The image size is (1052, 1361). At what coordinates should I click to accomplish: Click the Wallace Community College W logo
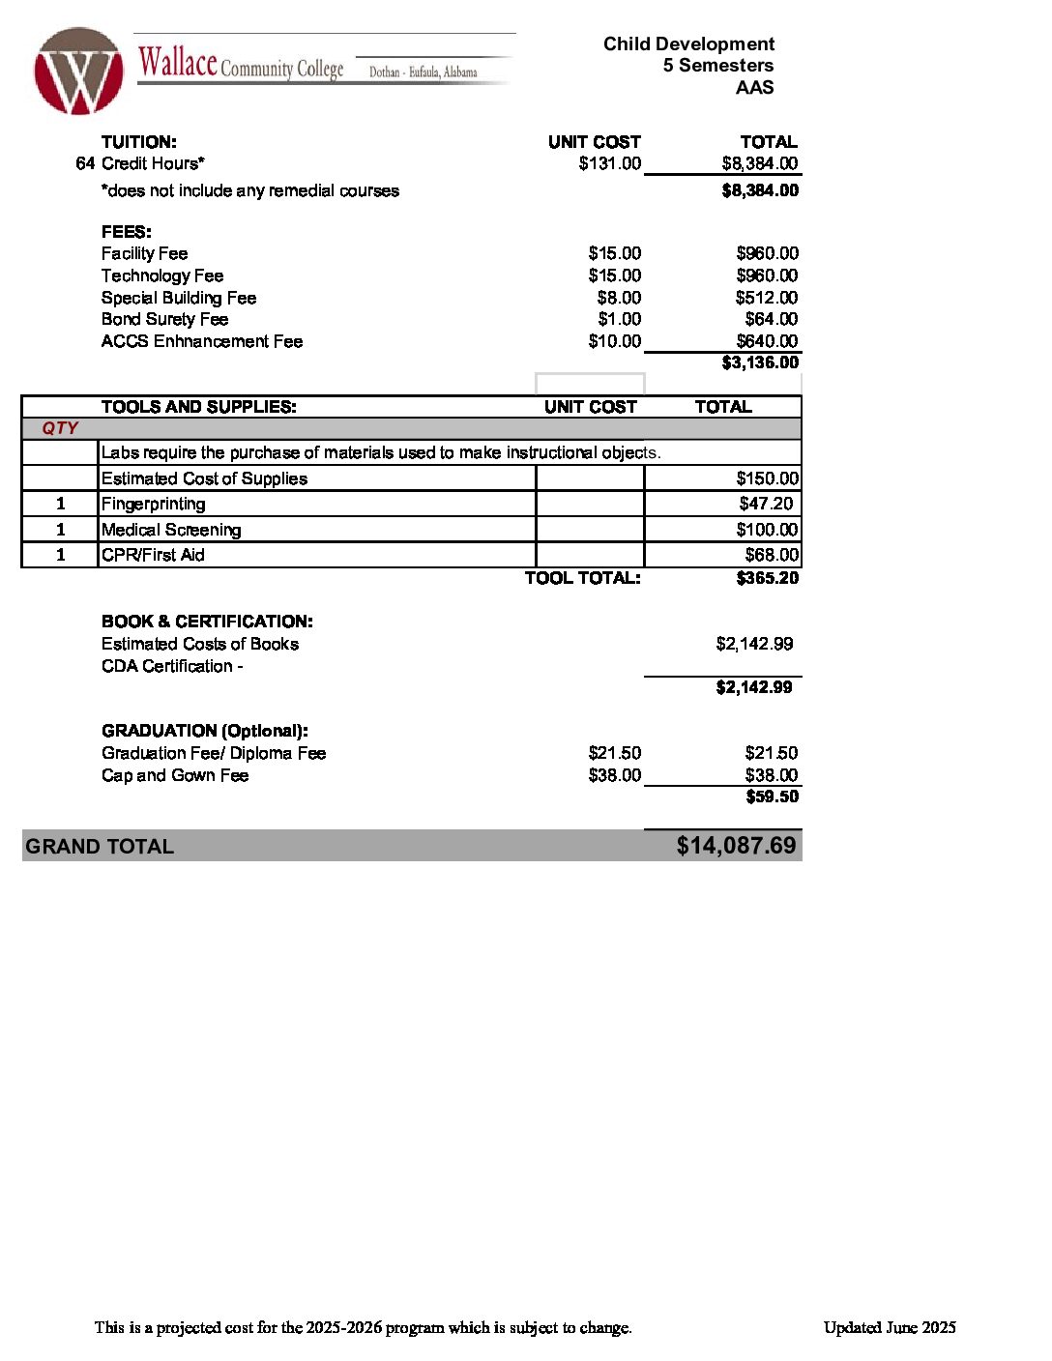pyautogui.click(x=78, y=72)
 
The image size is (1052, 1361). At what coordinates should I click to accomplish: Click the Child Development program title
pyautogui.click(x=688, y=43)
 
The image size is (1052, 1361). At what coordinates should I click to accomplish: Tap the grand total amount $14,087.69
pyautogui.click(x=736, y=846)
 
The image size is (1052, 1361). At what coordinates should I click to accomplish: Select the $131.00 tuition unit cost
pyautogui.click(x=609, y=163)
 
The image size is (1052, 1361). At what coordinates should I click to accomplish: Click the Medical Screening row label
pyautogui.click(x=171, y=530)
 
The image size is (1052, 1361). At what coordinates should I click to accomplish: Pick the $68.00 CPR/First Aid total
pyautogui.click(x=772, y=555)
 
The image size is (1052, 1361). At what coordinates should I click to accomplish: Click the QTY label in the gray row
pyautogui.click(x=60, y=428)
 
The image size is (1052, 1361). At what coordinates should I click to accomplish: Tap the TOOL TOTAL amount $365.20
pyautogui.click(x=767, y=578)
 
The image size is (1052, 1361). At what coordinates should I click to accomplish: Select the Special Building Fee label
pyautogui.click(x=179, y=298)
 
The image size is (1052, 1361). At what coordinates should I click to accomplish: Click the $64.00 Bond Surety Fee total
pyautogui.click(x=771, y=319)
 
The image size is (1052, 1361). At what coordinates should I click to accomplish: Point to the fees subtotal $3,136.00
pyautogui.click(x=760, y=362)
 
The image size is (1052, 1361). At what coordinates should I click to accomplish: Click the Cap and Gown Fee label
pyautogui.click(x=175, y=775)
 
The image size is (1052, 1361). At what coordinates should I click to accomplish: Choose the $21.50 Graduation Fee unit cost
pyautogui.click(x=614, y=753)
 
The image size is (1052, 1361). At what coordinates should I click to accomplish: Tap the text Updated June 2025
pyautogui.click(x=890, y=1327)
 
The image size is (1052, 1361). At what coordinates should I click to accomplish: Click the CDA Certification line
pyautogui.click(x=172, y=666)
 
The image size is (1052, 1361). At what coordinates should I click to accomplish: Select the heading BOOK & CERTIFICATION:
pyautogui.click(x=207, y=622)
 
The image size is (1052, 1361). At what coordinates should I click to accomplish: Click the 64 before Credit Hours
pyautogui.click(x=85, y=163)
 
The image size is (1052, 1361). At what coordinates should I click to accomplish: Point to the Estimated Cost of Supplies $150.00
pyautogui.click(x=767, y=478)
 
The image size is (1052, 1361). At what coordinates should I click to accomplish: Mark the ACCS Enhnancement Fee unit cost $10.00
pyautogui.click(x=614, y=341)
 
